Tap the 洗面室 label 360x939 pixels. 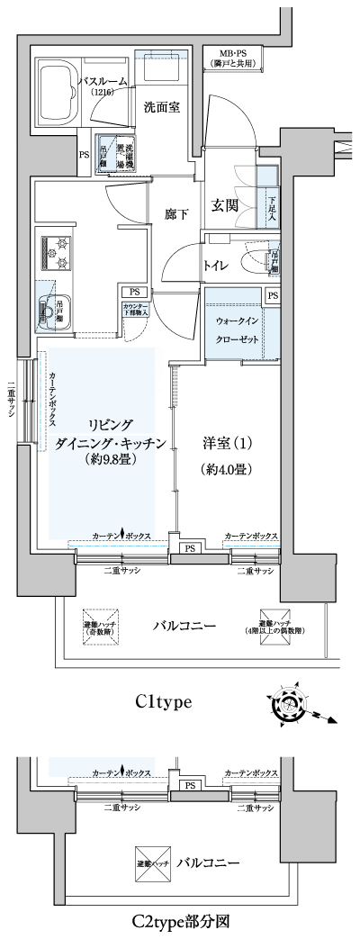click(x=162, y=107)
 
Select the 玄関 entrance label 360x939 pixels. click(x=225, y=205)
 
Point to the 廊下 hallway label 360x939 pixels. click(x=176, y=214)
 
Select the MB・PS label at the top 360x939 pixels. click(x=233, y=58)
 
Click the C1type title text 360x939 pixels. click(x=165, y=703)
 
